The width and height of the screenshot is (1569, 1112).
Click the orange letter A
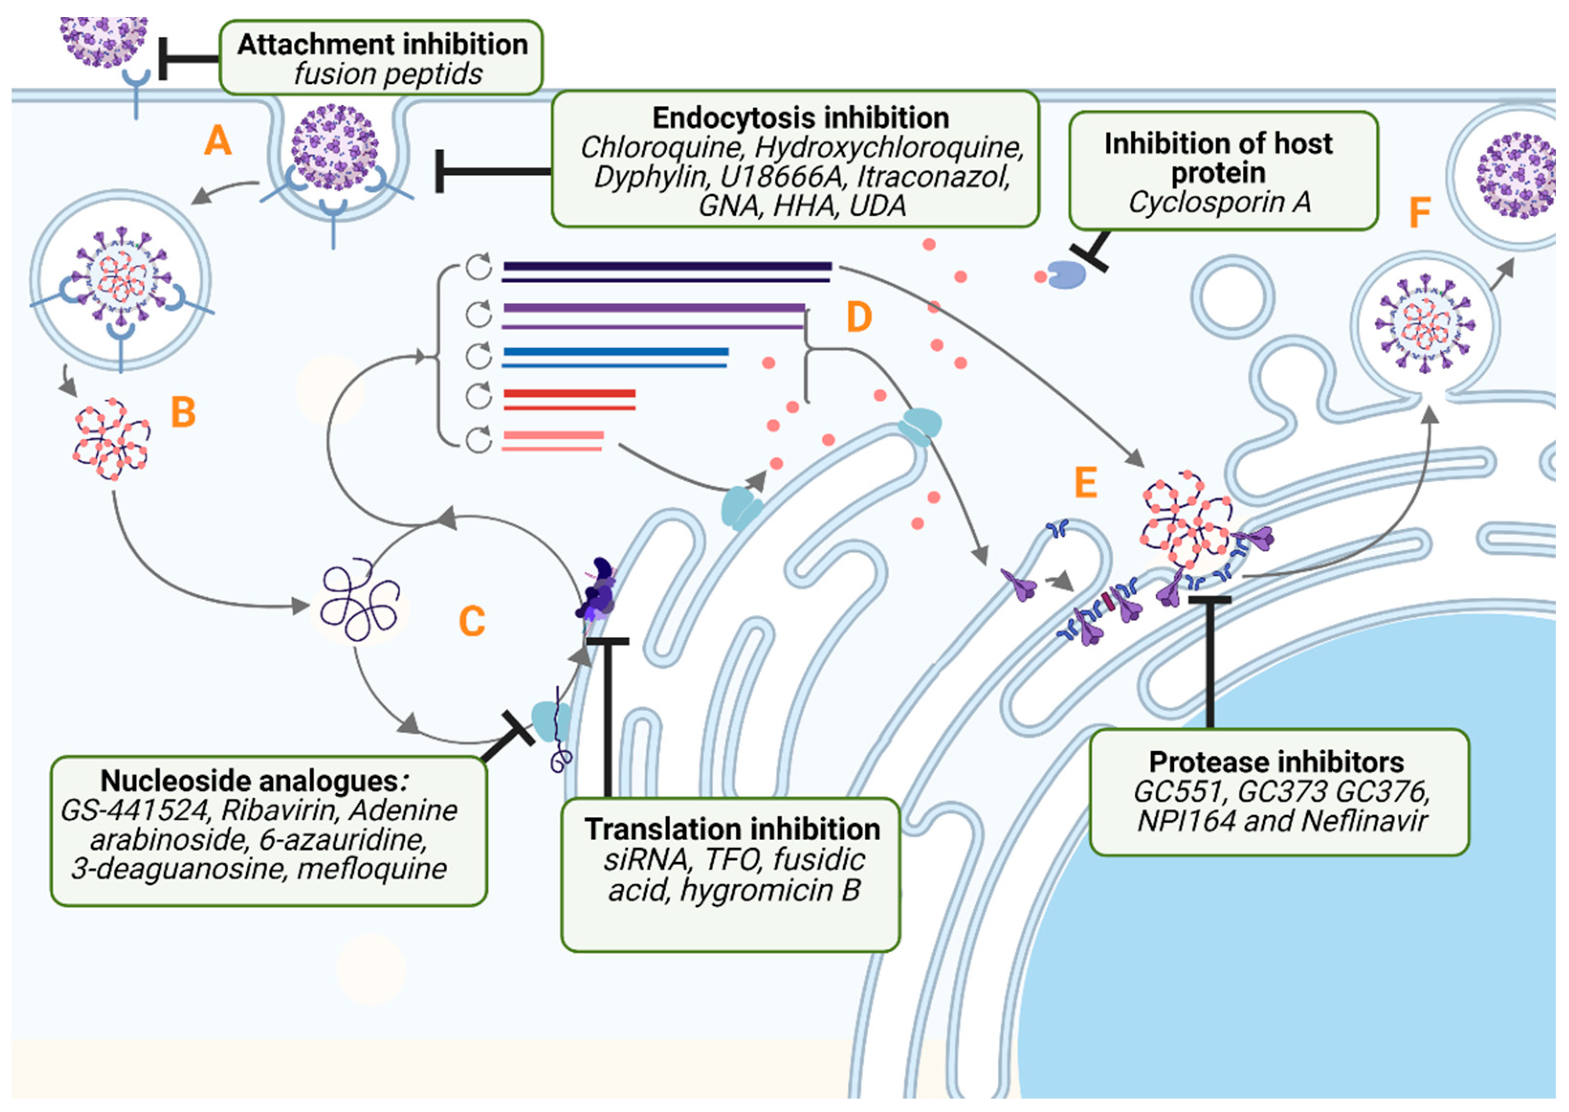point(218,141)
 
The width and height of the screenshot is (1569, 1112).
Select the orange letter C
point(472,621)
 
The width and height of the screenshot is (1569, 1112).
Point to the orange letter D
point(859,317)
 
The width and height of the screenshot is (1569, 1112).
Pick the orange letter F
point(1420,212)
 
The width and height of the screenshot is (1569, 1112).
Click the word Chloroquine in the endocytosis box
point(661,148)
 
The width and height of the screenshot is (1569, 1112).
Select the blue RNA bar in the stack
point(616,352)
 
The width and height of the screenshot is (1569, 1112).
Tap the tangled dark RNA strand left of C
point(360,600)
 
